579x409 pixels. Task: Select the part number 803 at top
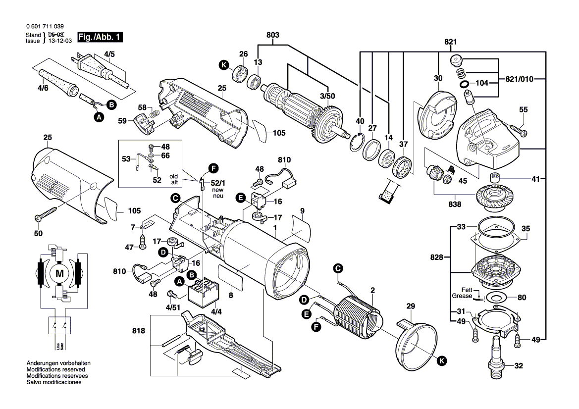coord(272,35)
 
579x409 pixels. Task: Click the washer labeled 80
coord(494,298)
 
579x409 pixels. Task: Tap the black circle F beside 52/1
coord(213,168)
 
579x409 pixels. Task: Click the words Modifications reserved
coord(55,369)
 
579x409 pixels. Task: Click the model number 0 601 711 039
coord(44,26)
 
